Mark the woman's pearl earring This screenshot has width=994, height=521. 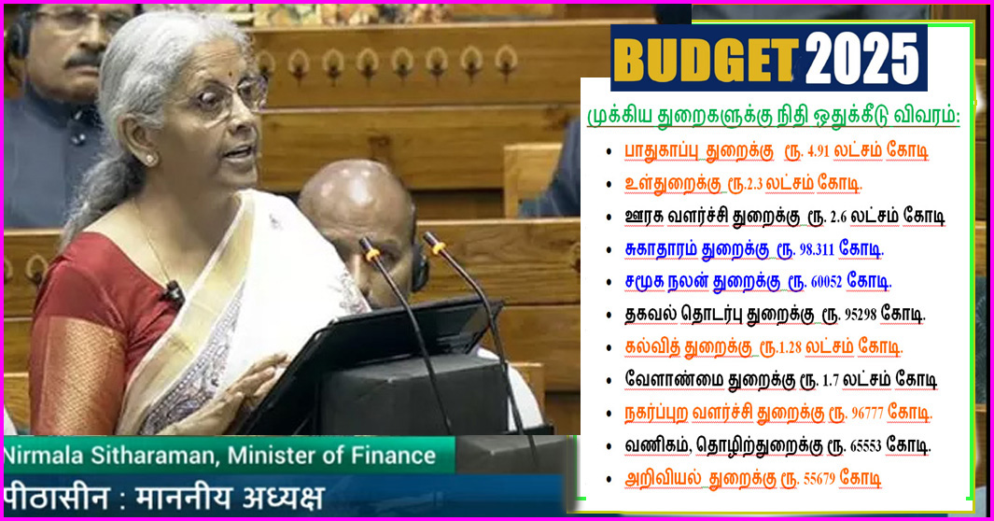[x=149, y=160]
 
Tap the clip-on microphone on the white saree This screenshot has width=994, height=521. [x=174, y=292]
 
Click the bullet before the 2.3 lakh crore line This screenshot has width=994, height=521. [x=609, y=184]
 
